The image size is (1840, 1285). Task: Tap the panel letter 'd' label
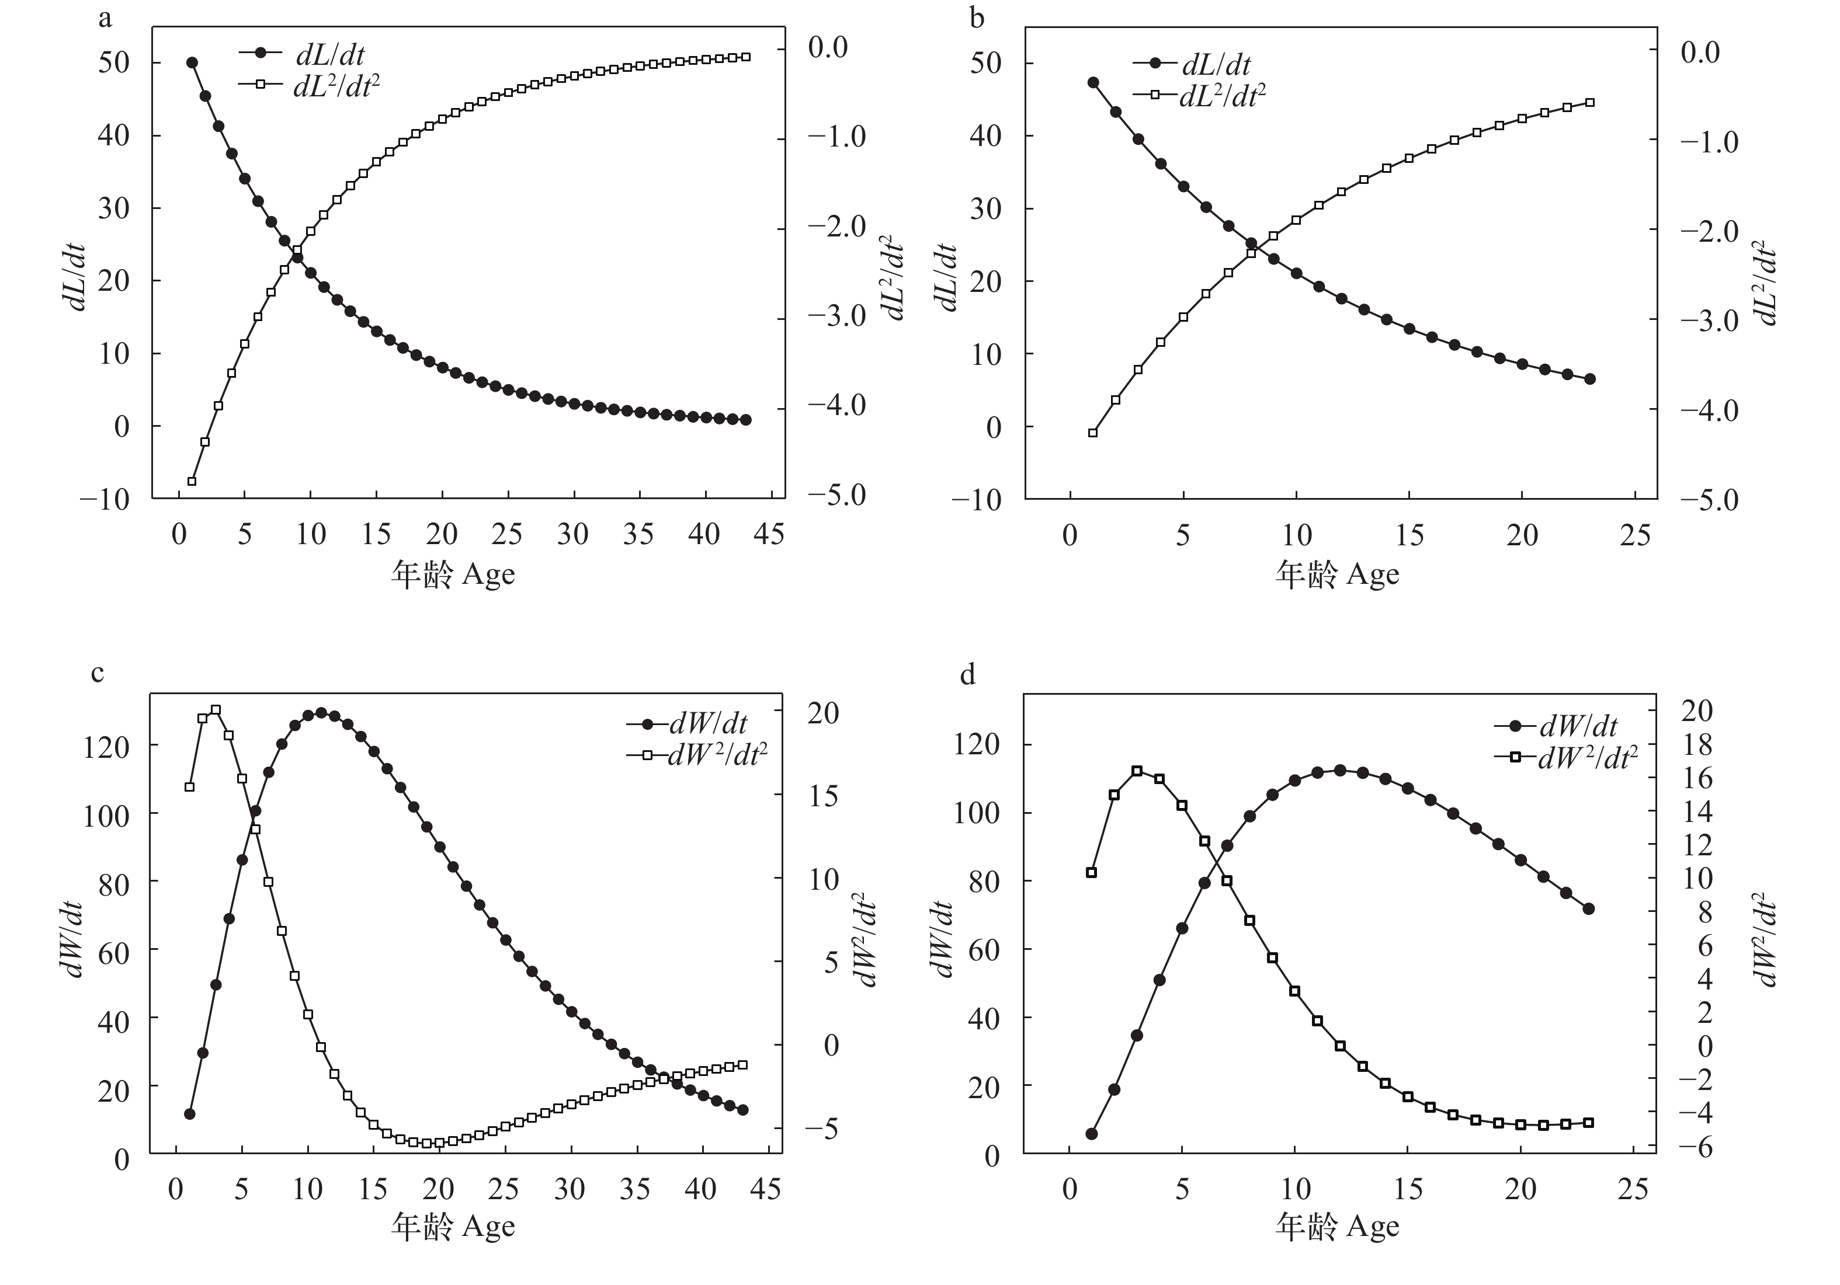pos(968,675)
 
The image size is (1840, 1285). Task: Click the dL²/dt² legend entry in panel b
pos(1221,96)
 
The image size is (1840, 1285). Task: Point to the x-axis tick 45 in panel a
pos(769,534)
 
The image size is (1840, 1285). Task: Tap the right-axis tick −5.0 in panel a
pos(836,496)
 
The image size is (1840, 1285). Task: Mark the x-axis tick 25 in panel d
pos(1634,1189)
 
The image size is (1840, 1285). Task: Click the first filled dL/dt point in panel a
pos(192,62)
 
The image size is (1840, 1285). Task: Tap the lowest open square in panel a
pos(192,482)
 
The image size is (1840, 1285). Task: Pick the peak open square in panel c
pos(216,710)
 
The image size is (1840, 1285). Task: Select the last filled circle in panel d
pos(1588,908)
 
